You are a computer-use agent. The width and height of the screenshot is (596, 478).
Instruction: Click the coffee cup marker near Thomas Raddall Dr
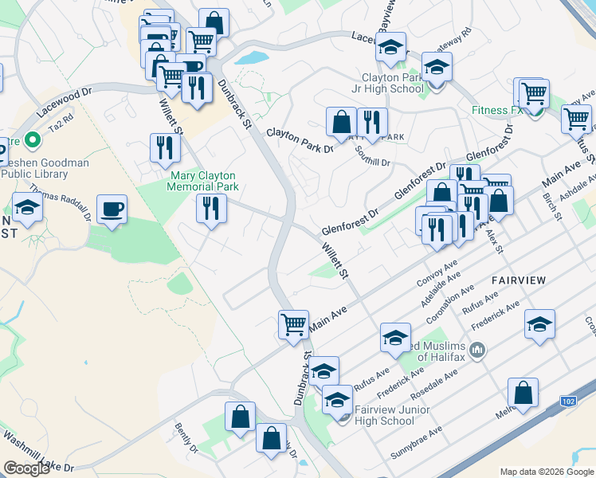coord(112,210)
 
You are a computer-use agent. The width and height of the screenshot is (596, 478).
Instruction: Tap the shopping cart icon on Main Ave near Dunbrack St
coord(293,323)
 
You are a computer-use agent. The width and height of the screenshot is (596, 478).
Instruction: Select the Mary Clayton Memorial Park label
coord(202,180)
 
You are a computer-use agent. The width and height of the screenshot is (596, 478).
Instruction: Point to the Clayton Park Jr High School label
coord(393,83)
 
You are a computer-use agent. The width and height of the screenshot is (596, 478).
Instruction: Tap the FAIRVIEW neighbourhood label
coord(519,280)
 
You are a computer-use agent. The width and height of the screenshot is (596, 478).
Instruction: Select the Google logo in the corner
coord(26,468)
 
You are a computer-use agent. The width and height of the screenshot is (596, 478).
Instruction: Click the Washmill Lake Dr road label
coord(37,452)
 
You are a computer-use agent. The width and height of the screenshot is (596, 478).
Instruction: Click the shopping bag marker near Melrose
coord(523,393)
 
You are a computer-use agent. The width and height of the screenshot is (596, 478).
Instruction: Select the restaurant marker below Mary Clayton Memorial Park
coord(211,209)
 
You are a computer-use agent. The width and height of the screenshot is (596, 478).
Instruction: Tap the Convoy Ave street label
coord(437,272)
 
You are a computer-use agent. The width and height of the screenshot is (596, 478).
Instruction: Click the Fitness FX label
coord(495,110)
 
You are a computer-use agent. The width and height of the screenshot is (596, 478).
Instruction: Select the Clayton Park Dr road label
coord(299,139)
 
